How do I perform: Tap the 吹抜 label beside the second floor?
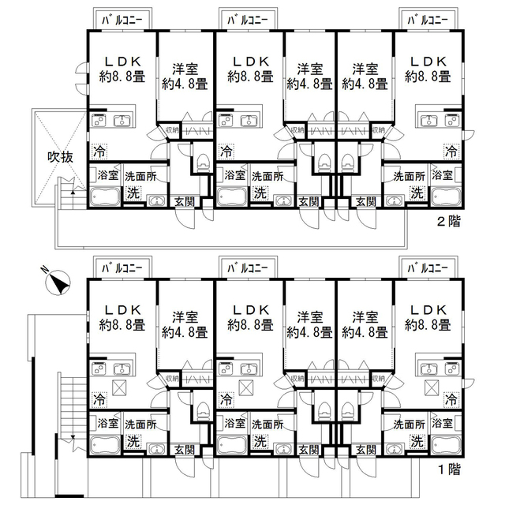pyautogui.click(x=60, y=157)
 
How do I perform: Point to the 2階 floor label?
pyautogui.click(x=449, y=222)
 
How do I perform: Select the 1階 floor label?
pyautogui.click(x=449, y=469)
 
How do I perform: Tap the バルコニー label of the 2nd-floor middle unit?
pyautogui.click(x=247, y=21)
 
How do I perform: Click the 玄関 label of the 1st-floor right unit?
pyautogui.click(x=366, y=450)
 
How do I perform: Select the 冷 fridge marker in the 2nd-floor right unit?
pyautogui.click(x=451, y=151)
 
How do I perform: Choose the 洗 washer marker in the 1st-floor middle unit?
pyautogui.click(x=260, y=442)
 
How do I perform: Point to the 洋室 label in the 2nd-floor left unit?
pyautogui.click(x=185, y=69)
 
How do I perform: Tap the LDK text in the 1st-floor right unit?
pyautogui.click(x=428, y=310)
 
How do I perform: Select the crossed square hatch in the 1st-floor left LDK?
pyautogui.click(x=119, y=387)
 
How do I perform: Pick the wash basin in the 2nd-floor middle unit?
pyautogui.click(x=283, y=200)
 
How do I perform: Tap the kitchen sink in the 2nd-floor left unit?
pyautogui.click(x=122, y=121)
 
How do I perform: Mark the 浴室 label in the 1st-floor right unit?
pyautogui.click(x=442, y=423)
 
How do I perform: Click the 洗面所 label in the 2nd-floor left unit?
pyautogui.click(x=140, y=177)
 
